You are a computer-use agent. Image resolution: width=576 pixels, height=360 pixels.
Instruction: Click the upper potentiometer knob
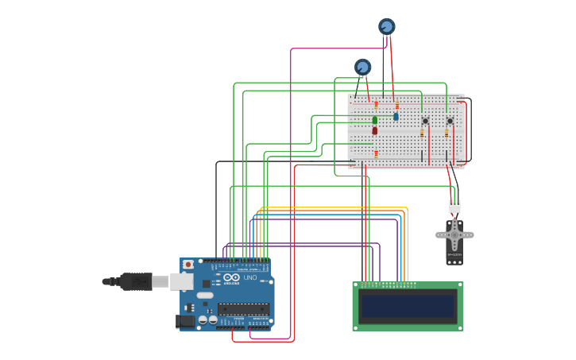point(387,26)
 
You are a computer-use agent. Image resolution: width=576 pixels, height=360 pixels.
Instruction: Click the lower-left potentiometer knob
point(363,67)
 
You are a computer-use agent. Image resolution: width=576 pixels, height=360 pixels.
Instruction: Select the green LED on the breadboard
point(375,120)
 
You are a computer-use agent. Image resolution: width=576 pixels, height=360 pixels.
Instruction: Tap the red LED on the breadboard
point(375,130)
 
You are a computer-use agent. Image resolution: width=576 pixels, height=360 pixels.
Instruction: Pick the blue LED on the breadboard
point(396,116)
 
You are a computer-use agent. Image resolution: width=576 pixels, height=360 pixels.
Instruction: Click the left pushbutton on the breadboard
point(425,121)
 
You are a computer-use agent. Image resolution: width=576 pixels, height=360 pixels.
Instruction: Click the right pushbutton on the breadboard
point(450,121)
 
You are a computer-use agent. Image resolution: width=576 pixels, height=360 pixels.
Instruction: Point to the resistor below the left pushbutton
point(422,134)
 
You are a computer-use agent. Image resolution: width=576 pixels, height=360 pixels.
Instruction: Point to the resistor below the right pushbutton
point(446,134)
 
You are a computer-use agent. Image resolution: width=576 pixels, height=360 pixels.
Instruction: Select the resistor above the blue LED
point(396,105)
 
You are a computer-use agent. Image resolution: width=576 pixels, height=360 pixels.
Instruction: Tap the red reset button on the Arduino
point(188,265)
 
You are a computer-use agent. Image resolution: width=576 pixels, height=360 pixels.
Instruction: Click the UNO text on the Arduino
point(249,277)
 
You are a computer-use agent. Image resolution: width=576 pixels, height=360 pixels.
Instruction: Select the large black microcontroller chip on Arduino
point(243,308)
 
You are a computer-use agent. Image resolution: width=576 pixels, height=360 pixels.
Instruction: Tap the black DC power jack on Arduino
point(184,321)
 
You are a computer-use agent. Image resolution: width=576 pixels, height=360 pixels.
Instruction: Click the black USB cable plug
point(135,281)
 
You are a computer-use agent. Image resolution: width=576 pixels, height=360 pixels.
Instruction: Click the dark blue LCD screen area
point(408,306)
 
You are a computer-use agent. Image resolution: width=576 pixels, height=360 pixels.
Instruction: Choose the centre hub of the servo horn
point(454,235)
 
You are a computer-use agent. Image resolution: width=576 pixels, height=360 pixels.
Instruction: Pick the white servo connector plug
point(454,207)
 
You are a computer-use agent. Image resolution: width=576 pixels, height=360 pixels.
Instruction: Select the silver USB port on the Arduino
point(181,281)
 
